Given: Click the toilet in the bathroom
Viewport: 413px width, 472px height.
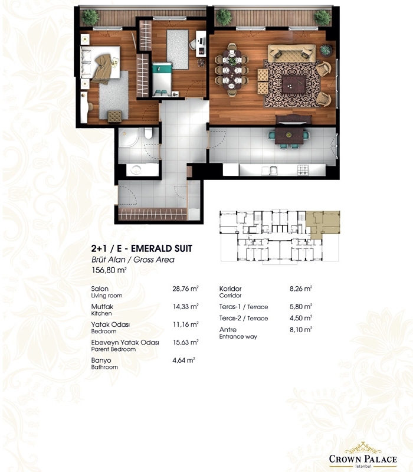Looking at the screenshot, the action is point(149,133).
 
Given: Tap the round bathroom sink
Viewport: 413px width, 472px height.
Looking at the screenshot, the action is point(136,169).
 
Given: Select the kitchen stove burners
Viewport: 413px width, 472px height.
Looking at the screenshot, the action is point(303,170).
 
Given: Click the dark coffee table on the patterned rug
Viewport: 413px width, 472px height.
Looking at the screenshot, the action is point(293,84).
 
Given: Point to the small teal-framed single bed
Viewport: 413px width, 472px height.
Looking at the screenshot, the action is point(162,80).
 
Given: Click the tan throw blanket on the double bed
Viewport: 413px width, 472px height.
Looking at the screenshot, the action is point(102,68).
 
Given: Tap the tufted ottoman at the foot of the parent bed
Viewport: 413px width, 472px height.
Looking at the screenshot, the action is point(114,116).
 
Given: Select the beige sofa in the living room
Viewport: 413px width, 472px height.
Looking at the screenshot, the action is point(291,53).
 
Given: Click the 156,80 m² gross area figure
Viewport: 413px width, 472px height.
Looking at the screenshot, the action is point(109,270).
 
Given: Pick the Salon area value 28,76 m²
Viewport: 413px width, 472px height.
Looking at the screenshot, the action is point(185,289).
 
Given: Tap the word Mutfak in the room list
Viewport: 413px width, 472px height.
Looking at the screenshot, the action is point(102,306).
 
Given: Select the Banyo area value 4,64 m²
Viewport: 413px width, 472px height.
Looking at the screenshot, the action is point(183,360).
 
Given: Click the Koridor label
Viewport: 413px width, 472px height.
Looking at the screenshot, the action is point(230,289).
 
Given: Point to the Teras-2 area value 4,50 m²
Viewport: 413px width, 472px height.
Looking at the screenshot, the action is point(301,318).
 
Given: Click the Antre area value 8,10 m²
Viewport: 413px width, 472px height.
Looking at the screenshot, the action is point(301,329).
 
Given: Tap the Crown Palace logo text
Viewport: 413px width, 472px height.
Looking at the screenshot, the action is point(363,459).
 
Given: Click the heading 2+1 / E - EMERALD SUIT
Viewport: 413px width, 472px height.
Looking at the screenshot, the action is point(142,248).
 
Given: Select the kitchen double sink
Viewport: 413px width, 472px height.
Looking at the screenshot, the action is point(270,171).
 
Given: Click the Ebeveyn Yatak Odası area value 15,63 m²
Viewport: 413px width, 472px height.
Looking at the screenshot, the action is point(185,342).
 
